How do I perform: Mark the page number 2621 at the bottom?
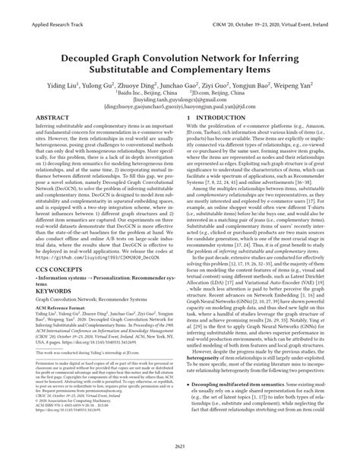coord(180,455)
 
